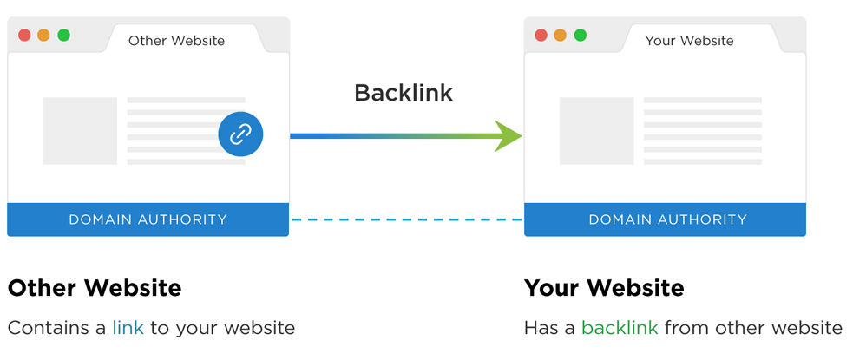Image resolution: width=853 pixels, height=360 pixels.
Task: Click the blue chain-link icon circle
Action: point(240,134)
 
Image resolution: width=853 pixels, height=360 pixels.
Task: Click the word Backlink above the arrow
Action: point(404,93)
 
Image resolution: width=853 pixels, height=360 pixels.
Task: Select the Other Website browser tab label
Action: point(176,41)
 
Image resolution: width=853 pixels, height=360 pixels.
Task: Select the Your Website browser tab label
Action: point(689,41)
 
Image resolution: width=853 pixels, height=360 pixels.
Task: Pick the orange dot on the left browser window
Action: point(43,36)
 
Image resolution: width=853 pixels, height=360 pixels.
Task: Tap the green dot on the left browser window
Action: point(63,36)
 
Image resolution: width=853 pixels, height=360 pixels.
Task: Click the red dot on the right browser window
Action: point(541,36)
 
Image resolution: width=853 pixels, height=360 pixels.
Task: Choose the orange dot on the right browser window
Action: point(560,36)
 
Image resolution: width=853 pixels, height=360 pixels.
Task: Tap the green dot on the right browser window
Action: point(580,36)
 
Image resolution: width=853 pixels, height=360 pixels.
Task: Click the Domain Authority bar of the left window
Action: point(148,219)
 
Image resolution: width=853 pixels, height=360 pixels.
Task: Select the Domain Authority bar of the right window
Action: point(665,219)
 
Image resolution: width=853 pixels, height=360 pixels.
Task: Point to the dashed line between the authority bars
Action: point(406,219)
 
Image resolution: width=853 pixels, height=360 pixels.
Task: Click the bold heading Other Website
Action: point(95,288)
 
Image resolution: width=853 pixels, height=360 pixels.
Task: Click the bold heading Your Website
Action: point(604,288)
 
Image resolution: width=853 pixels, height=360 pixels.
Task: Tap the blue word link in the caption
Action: point(128,328)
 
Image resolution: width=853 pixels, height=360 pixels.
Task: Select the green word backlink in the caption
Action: point(620,328)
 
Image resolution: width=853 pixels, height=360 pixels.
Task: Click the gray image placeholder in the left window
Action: point(80,131)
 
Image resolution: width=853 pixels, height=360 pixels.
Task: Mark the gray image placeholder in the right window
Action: point(596,131)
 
